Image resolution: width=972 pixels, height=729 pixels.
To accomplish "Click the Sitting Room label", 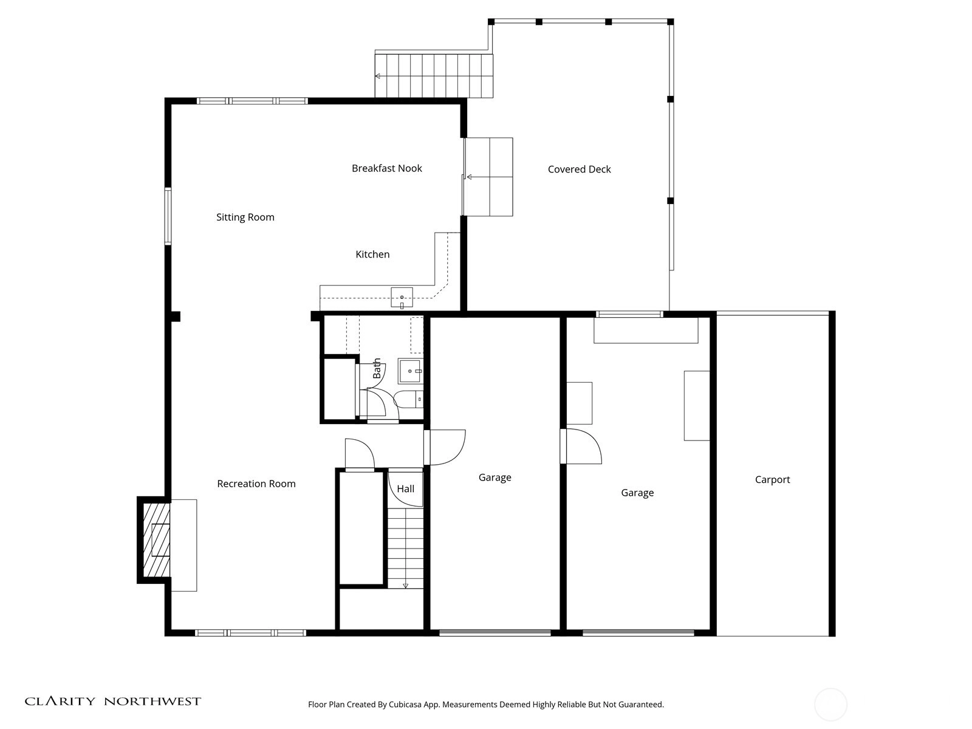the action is point(245,217).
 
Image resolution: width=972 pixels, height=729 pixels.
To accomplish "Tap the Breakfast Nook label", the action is point(386,168).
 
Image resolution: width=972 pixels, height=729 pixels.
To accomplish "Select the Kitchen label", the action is point(372,254).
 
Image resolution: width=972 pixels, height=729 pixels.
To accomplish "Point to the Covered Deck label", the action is point(579,169).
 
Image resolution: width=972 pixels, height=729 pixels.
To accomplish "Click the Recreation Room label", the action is point(256,484).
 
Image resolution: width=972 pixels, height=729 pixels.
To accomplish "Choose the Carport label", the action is point(772,479).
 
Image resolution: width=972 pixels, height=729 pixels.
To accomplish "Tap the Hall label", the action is point(405,488).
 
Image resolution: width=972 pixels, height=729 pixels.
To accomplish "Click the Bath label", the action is point(377,368).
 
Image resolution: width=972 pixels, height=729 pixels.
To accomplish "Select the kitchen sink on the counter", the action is point(402,298).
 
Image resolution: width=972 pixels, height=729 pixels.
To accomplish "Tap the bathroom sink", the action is point(410,371).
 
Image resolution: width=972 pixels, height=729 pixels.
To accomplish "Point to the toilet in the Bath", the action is point(408,399).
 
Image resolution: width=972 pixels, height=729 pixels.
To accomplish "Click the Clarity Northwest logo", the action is point(112,701).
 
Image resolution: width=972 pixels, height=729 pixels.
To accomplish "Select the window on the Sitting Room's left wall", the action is point(168,216).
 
